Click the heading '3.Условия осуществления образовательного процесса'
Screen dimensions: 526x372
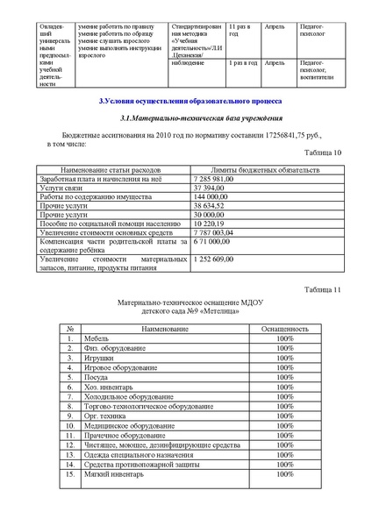pos(186,103)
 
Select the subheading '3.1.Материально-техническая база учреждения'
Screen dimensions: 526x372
pos(186,118)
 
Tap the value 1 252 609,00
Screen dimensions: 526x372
pos(213,259)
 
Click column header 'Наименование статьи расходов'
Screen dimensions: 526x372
pos(111,168)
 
